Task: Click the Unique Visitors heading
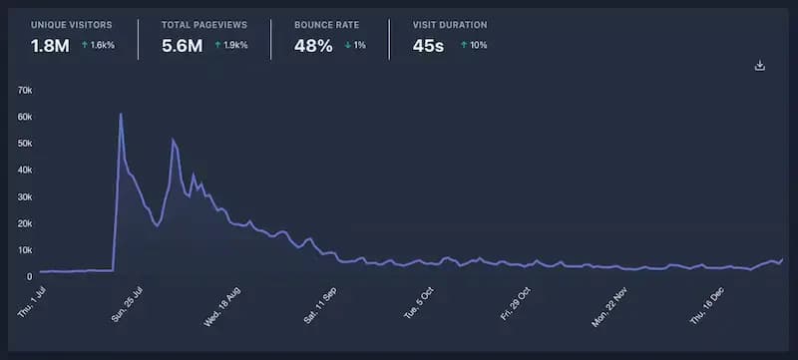click(x=73, y=23)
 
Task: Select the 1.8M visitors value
click(x=50, y=46)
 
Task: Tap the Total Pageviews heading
click(x=203, y=23)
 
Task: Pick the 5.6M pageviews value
click(x=182, y=46)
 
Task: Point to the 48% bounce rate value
click(x=313, y=46)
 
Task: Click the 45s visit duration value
click(x=429, y=46)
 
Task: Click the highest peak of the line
click(x=121, y=114)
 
